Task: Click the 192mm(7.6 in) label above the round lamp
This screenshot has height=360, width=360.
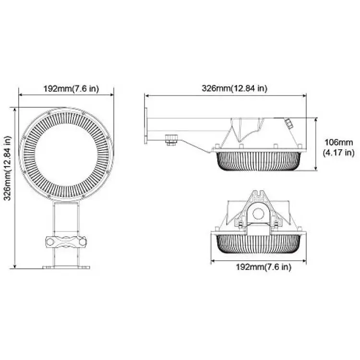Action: [71, 88]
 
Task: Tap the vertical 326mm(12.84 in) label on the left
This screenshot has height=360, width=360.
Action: [8, 168]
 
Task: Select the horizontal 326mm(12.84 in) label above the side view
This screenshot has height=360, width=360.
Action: [234, 88]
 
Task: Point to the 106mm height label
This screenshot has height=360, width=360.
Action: [338, 143]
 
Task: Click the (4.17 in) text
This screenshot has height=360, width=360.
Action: [338, 153]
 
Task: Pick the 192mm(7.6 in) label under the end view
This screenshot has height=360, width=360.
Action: [264, 267]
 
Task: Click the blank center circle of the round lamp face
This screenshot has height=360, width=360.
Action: [66, 155]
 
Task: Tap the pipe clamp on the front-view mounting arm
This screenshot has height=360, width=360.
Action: [66, 242]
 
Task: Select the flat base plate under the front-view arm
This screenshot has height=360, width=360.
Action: [66, 267]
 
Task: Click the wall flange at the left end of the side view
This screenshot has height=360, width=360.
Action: [146, 126]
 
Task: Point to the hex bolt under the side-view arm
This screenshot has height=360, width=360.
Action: [172, 140]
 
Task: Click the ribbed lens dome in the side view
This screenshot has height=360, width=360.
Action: [258, 161]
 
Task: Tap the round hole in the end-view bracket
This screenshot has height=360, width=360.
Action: [259, 214]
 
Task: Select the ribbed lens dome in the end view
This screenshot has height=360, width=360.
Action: [258, 244]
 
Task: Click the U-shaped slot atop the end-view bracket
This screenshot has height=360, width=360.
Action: [259, 194]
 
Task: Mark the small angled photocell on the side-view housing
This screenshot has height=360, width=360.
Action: [288, 123]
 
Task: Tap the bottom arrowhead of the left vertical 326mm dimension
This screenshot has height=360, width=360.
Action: [15, 266]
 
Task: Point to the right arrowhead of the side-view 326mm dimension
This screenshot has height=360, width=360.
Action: [304, 96]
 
